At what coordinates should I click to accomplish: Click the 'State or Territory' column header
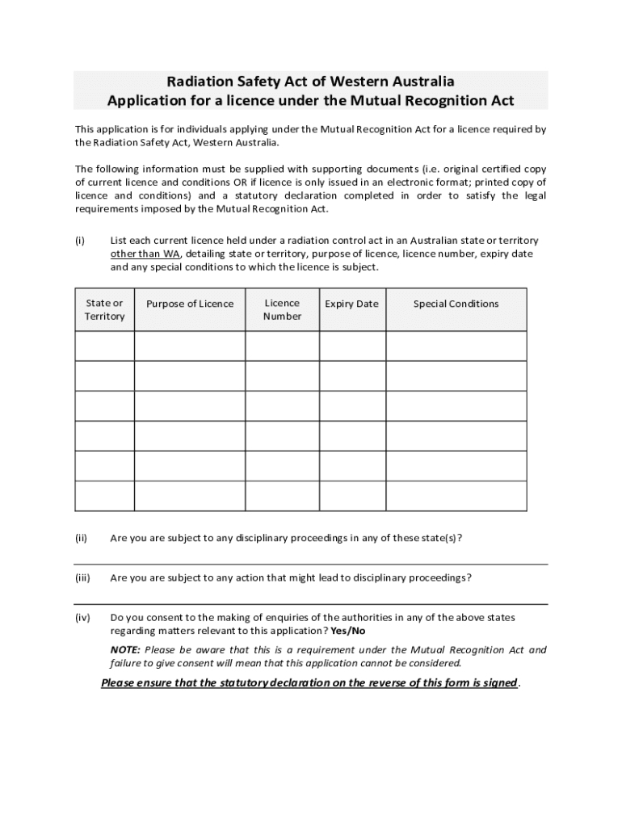pos(104,309)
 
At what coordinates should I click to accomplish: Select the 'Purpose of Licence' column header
pos(190,304)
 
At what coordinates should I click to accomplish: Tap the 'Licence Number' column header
pos(282,309)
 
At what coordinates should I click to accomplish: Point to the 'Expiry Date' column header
pos(351,304)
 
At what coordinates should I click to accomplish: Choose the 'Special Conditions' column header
pos(456,304)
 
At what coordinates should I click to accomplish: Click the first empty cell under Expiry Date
pos(352,346)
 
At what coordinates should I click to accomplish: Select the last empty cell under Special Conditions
pos(456,496)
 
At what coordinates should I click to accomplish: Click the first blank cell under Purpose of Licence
pos(190,346)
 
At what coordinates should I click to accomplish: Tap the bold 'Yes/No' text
pos(348,631)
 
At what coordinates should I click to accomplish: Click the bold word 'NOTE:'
pos(125,650)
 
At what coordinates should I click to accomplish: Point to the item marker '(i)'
pos(80,241)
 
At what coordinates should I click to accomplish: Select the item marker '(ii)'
pos(82,538)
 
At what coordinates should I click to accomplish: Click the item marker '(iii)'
pos(82,577)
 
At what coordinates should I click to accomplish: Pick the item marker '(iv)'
pos(82,618)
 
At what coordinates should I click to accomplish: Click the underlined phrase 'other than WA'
pos(145,254)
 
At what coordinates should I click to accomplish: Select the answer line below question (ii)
pos(311,564)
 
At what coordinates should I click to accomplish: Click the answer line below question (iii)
pos(311,603)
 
